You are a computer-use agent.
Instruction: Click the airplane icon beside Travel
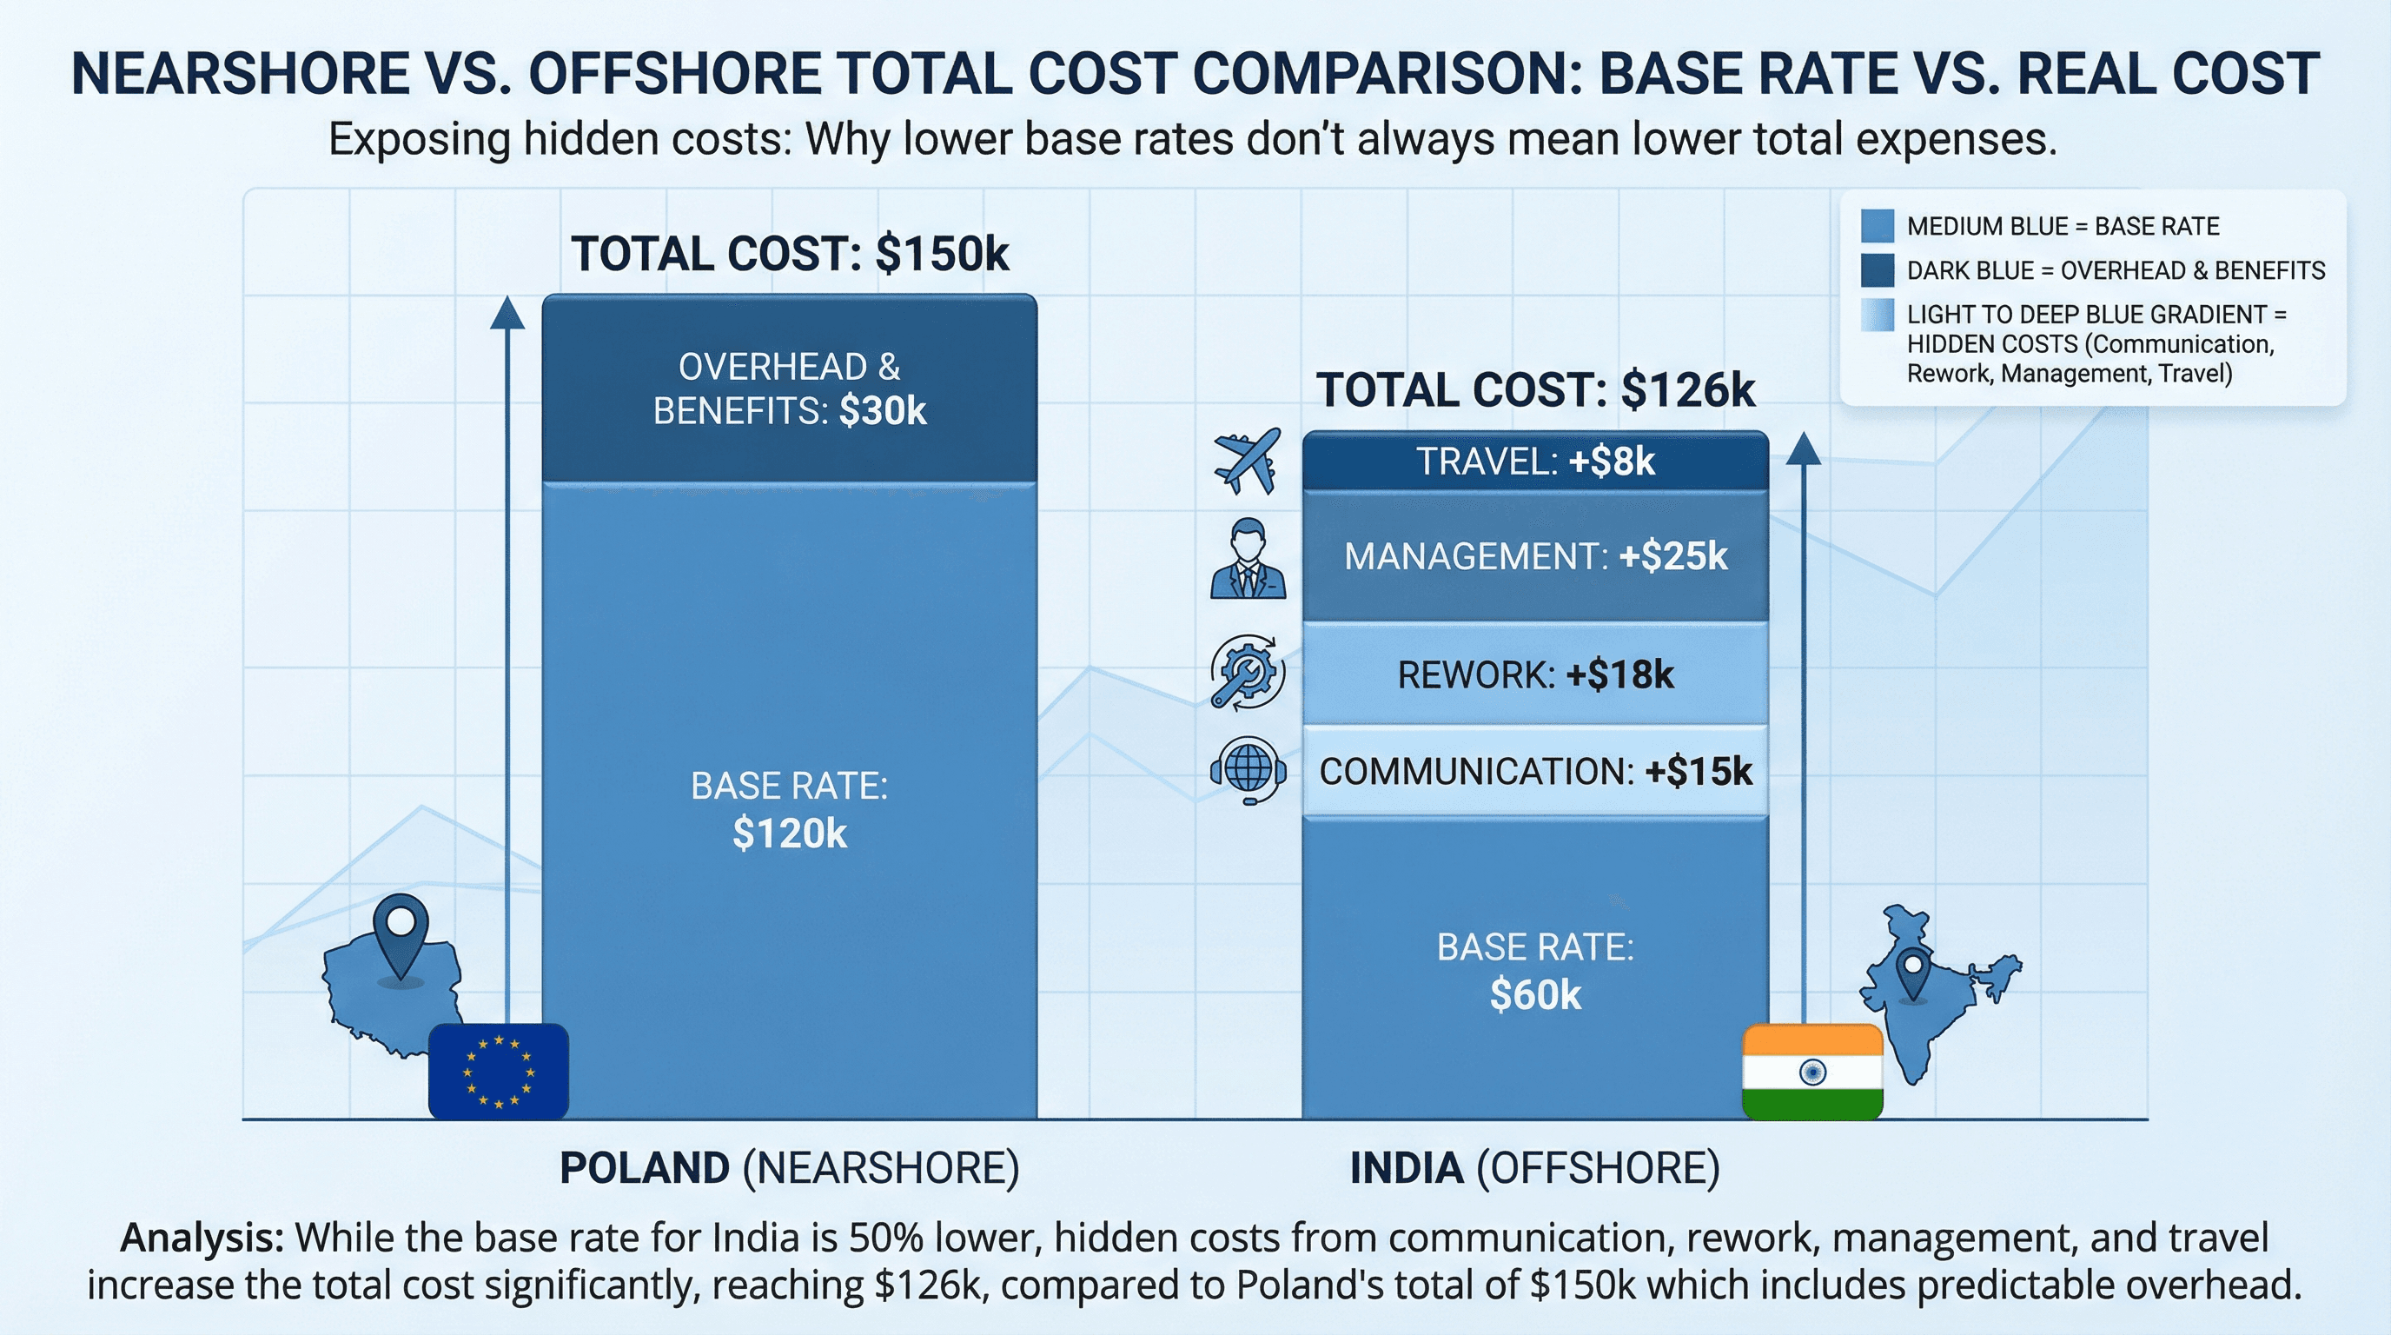pyautogui.click(x=1248, y=461)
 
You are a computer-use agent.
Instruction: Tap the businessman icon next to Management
pyautogui.click(x=1248, y=558)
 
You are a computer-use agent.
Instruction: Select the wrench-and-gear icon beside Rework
pyautogui.click(x=1248, y=673)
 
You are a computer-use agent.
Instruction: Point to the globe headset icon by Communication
pyautogui.click(x=1248, y=769)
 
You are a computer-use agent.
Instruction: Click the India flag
pyautogui.click(x=1811, y=1073)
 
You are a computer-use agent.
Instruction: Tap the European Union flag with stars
pyautogui.click(x=499, y=1072)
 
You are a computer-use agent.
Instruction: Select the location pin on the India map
pyautogui.click(x=1913, y=972)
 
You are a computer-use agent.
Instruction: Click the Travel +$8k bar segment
pyautogui.click(x=1535, y=462)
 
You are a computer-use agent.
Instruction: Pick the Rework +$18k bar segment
pyautogui.click(x=1535, y=674)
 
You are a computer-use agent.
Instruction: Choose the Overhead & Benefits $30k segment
pyautogui.click(x=789, y=389)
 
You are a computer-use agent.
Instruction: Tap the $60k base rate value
pyautogui.click(x=1535, y=995)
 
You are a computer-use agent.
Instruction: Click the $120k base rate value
pyautogui.click(x=789, y=834)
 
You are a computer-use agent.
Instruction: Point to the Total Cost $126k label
pyautogui.click(x=1535, y=390)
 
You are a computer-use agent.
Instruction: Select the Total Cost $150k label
pyautogui.click(x=789, y=254)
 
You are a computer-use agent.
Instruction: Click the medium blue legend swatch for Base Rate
pyautogui.click(x=1877, y=226)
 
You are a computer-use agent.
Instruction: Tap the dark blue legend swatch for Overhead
pyautogui.click(x=1877, y=270)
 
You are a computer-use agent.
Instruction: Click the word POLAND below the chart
pyautogui.click(x=644, y=1168)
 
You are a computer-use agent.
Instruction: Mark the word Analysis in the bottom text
pyautogui.click(x=202, y=1238)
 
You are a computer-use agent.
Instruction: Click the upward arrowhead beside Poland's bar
pyautogui.click(x=507, y=313)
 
